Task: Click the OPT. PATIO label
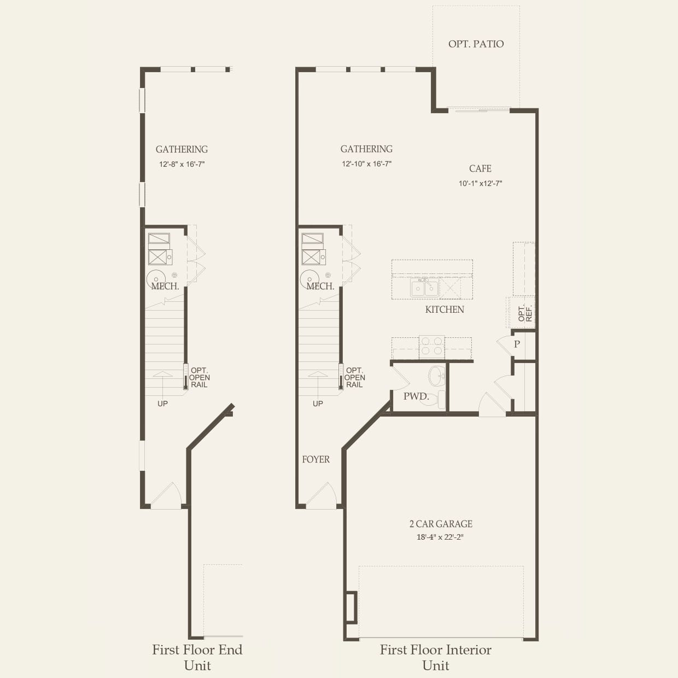coord(476,44)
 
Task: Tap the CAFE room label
coord(480,168)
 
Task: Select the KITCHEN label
coord(445,309)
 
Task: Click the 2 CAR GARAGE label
coord(441,524)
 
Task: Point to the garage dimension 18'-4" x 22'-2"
coord(440,537)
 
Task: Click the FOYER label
coord(316,459)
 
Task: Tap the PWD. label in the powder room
coord(416,396)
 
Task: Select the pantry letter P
coord(517,344)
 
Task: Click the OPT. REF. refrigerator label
coord(524,313)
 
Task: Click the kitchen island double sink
coord(425,288)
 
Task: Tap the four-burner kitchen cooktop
coord(431,347)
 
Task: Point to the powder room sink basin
coord(436,376)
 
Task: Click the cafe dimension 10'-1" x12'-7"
coord(480,184)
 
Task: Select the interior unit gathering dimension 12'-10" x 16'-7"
coord(366,164)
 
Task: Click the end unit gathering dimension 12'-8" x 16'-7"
coord(182,164)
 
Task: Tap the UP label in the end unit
coord(162,404)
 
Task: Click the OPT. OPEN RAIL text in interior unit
coord(354,377)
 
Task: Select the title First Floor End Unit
coord(197,657)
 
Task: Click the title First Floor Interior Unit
coord(435,657)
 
